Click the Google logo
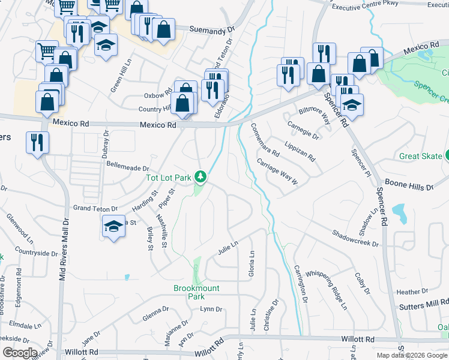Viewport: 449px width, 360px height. pos(20,353)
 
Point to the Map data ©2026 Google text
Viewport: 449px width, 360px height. pos(411,355)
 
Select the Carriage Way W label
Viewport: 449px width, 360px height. pos(277,172)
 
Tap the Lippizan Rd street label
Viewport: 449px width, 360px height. pos(300,152)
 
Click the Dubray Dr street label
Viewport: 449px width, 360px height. pos(106,142)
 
